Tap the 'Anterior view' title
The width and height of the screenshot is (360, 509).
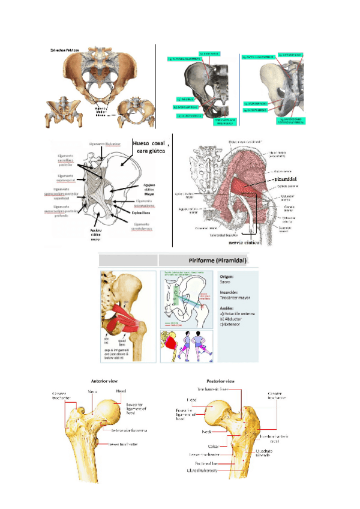pyautogui.click(x=106, y=381)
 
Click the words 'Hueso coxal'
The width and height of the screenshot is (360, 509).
pyautogui.click(x=148, y=143)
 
